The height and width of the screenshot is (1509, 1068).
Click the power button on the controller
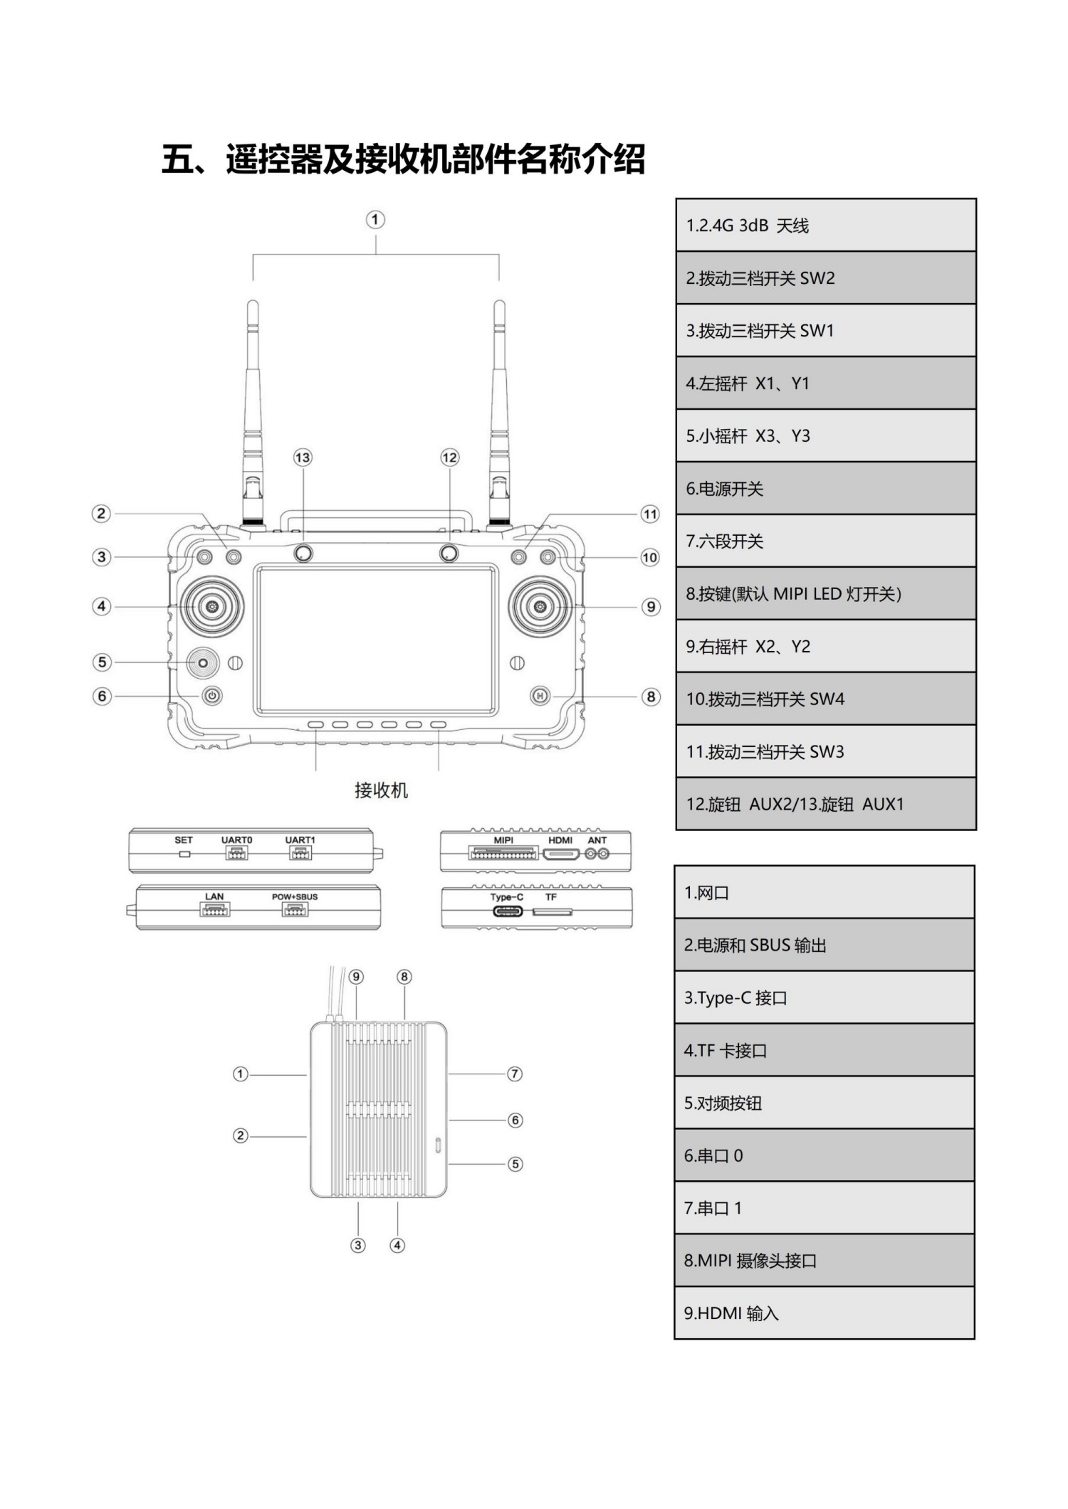click(x=212, y=696)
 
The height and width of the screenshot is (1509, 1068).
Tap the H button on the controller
click(x=540, y=696)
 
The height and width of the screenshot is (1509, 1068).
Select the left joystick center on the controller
click(x=211, y=606)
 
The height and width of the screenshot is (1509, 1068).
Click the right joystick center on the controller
click(x=540, y=606)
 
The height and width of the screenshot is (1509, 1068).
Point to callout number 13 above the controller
click(x=303, y=457)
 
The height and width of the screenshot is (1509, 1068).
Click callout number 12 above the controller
click(x=449, y=457)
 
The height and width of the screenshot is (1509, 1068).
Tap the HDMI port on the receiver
click(x=560, y=854)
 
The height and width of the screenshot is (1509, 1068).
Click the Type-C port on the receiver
click(x=507, y=911)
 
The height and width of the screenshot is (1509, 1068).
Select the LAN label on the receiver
click(x=214, y=896)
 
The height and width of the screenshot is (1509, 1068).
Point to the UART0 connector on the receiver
click(x=236, y=854)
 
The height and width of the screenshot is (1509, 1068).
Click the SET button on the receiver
click(x=184, y=854)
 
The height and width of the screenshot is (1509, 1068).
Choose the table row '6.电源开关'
click(x=825, y=489)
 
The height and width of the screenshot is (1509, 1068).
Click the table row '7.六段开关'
click(x=825, y=541)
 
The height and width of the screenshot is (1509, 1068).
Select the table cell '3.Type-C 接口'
click(x=824, y=998)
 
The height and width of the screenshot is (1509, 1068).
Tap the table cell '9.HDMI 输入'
click(x=824, y=1313)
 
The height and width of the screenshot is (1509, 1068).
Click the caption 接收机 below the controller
click(x=381, y=790)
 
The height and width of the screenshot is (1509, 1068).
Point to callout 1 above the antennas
click(x=375, y=219)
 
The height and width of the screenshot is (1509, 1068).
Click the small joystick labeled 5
click(x=203, y=662)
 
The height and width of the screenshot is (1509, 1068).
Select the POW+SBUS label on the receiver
click(x=295, y=896)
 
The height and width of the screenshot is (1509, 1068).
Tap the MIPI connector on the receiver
click(x=503, y=853)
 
